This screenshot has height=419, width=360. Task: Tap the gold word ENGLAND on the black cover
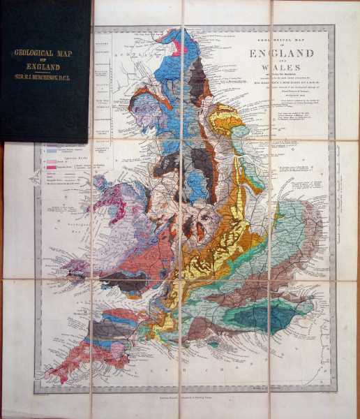coord(45,68)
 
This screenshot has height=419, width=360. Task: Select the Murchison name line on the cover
coord(45,78)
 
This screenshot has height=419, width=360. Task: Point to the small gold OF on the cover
coord(45,60)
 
